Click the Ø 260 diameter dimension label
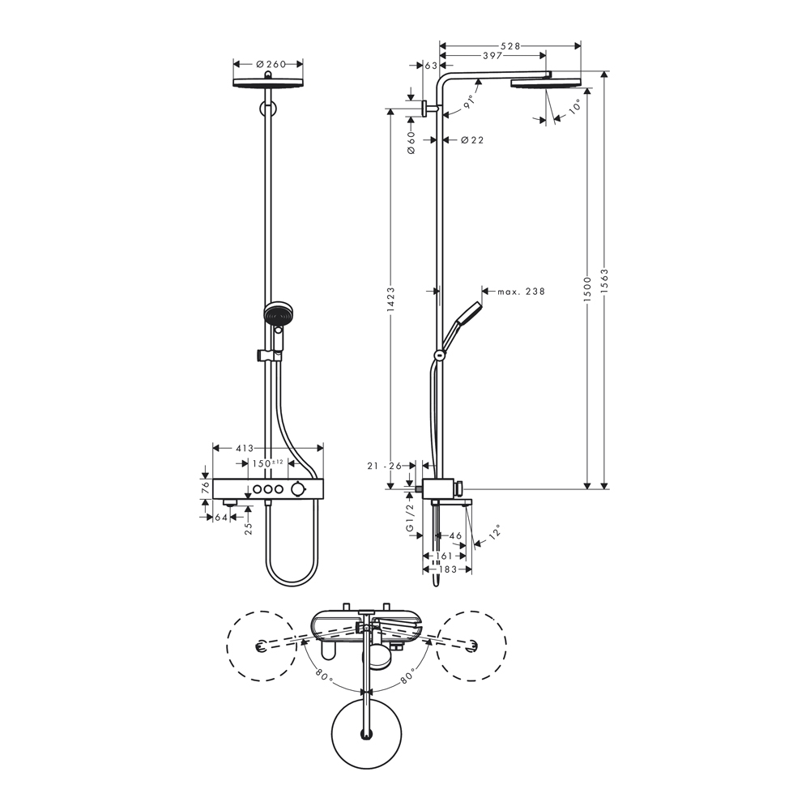point(267,63)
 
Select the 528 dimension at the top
point(509,45)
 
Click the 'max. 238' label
point(521,291)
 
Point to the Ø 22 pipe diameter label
point(471,140)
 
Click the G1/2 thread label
point(411,517)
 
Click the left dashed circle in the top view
point(261,646)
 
